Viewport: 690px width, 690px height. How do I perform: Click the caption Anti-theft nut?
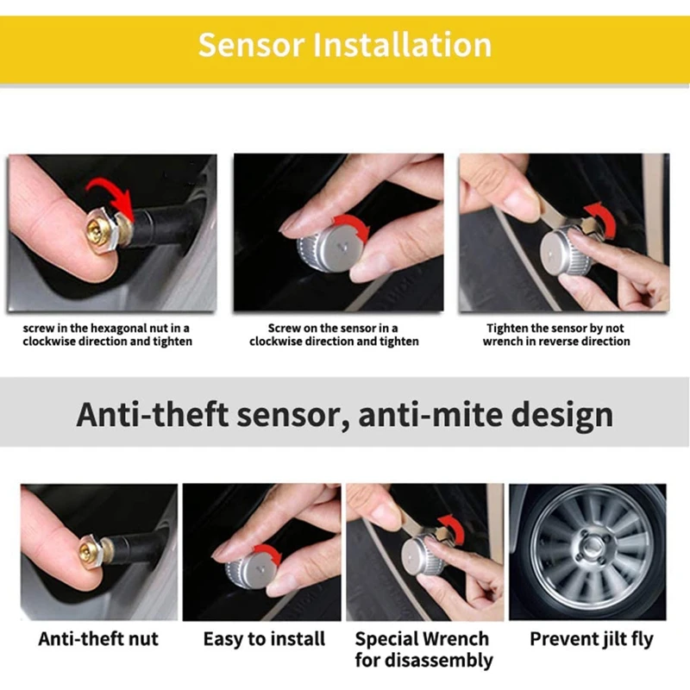98,639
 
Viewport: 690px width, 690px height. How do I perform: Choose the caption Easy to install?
264,639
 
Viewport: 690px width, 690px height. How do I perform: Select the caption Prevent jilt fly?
592,639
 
